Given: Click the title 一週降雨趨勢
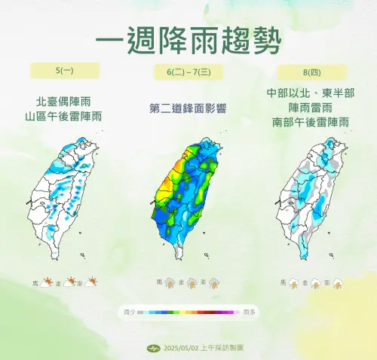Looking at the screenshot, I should (188, 38).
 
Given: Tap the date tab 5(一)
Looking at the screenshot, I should (64, 72).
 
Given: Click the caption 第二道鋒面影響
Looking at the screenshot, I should (188, 108).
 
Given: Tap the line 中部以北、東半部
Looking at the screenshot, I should (311, 93).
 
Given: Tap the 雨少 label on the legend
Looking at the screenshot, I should (129, 310).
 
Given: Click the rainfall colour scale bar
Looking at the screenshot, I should (188, 310).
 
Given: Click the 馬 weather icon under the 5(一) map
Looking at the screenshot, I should (47, 282).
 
